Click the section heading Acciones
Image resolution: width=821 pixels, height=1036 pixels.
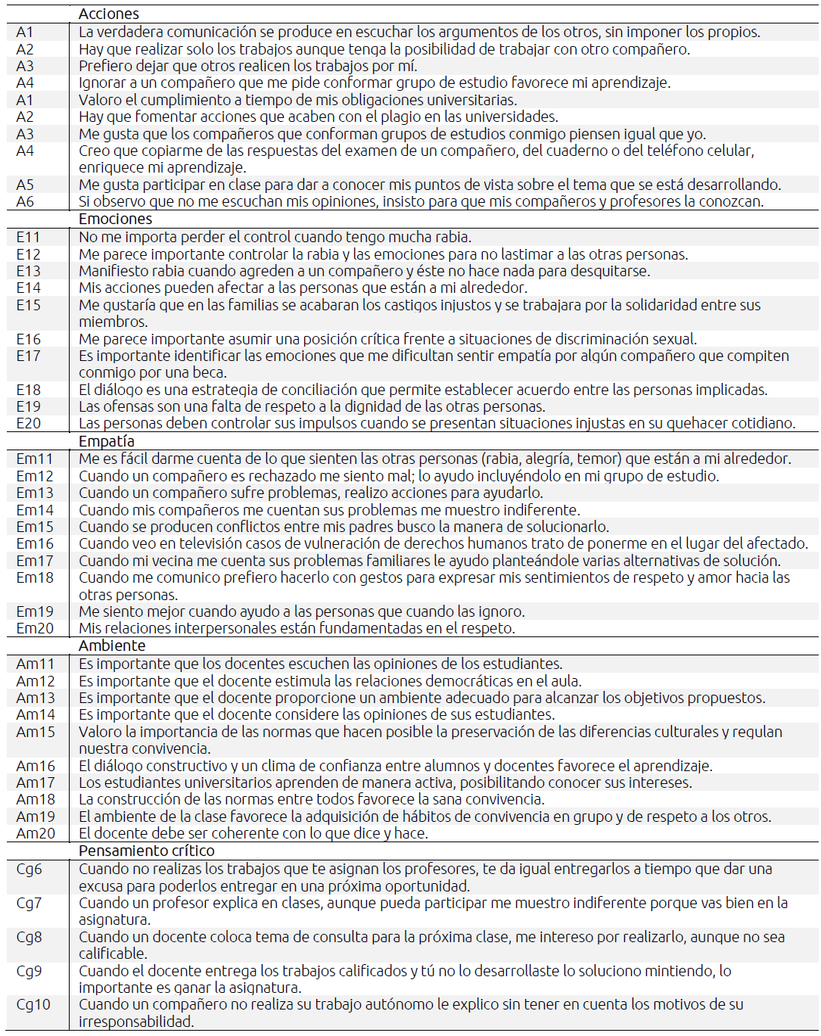[108, 14]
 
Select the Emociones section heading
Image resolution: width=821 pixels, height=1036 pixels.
[115, 219]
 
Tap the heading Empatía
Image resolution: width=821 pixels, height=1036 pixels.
[106, 441]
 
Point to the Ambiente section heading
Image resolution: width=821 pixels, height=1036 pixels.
[112, 646]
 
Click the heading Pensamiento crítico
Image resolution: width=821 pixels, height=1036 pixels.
[146, 851]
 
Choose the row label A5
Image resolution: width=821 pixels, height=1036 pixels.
[25, 185]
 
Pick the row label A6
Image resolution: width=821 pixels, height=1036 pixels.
[25, 201]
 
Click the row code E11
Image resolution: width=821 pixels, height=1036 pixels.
[28, 237]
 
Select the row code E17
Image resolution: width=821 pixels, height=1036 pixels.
[28, 356]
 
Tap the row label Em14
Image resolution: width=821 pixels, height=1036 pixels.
[35, 510]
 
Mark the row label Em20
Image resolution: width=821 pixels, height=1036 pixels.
[35, 628]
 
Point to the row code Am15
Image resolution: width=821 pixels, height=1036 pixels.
[36, 732]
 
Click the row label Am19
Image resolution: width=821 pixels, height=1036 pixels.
[36, 817]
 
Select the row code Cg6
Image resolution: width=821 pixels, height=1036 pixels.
[29, 869]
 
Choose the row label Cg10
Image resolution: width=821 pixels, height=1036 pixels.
[33, 1004]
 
